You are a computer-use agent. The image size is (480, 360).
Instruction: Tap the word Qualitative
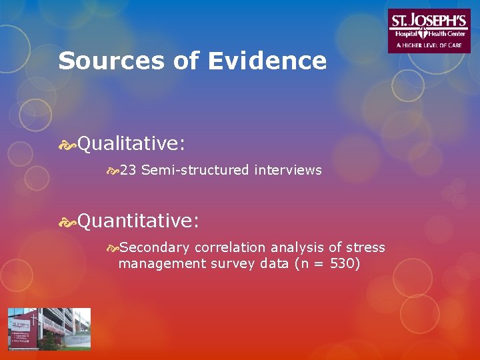click(x=131, y=143)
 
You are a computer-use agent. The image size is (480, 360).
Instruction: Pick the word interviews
click(x=288, y=171)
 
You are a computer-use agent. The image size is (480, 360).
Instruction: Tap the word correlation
click(x=227, y=247)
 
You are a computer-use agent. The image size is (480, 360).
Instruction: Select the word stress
click(x=366, y=247)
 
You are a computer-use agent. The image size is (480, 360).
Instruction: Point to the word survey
click(x=233, y=264)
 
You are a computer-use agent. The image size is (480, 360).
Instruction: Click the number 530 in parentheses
click(x=343, y=264)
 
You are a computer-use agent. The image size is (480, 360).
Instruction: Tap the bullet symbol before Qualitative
click(x=67, y=144)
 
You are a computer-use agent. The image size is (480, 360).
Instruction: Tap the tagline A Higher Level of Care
click(x=429, y=45)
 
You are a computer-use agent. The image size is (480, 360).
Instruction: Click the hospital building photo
click(x=49, y=329)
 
